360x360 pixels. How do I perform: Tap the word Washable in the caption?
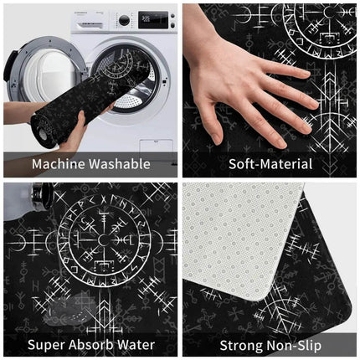[x=120, y=164]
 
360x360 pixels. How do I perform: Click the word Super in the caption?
[x=45, y=344]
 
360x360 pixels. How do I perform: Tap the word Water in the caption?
[x=136, y=344]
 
